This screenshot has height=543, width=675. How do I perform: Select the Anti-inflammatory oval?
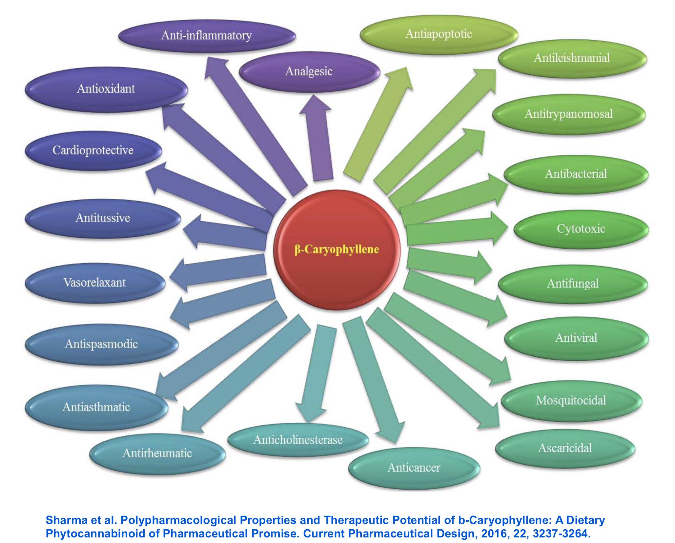pyautogui.click(x=207, y=35)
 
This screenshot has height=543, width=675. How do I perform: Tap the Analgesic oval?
pyautogui.click(x=309, y=71)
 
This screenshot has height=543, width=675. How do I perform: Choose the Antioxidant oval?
pyautogui.click(x=106, y=89)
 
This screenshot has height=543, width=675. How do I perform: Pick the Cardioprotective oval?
pyautogui.click(x=93, y=151)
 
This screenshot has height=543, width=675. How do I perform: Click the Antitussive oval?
pyautogui.click(x=103, y=218)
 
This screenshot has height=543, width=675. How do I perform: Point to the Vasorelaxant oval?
pyautogui.click(x=95, y=283)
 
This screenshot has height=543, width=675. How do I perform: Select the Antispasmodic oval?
pyautogui.click(x=101, y=344)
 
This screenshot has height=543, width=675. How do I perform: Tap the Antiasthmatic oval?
pyautogui.click(x=96, y=407)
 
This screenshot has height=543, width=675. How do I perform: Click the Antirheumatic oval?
pyautogui.click(x=157, y=453)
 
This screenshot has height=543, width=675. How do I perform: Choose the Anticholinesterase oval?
pyautogui.click(x=298, y=440)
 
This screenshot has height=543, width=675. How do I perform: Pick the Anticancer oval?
pyautogui.click(x=414, y=468)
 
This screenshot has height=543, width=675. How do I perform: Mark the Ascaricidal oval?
pyautogui.click(x=565, y=448)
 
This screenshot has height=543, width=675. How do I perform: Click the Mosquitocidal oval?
pyautogui.click(x=571, y=400)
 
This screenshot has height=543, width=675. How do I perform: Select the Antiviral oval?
pyautogui.click(x=576, y=338)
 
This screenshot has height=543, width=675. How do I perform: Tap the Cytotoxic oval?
pyautogui.click(x=581, y=229)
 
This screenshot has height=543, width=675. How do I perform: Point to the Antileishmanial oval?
pyautogui.click(x=572, y=58)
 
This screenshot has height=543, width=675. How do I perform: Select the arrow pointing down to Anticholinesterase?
pyautogui.click(x=316, y=374)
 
